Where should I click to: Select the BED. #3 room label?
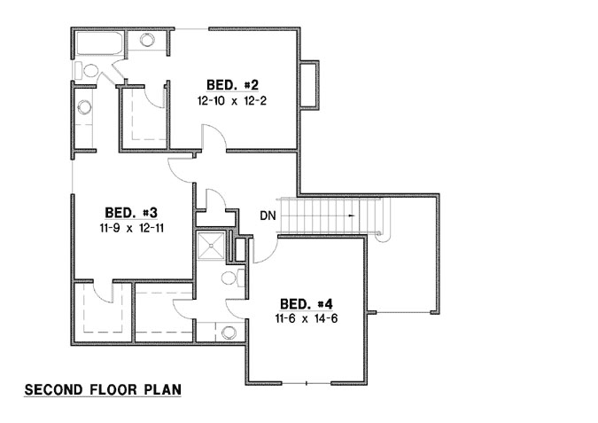pos(131,213)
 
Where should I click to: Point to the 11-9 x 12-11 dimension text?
pos(131,228)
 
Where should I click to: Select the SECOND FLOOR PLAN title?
pos(102,389)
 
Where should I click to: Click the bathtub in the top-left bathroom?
pos(98,43)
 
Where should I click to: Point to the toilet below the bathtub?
pos(89,70)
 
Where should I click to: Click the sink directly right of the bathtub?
pos(146,42)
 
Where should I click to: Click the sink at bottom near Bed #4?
pos(228,333)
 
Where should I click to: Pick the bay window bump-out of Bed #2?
pos(309,85)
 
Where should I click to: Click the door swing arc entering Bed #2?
pos(213,137)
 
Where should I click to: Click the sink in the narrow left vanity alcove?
pos(84,108)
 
